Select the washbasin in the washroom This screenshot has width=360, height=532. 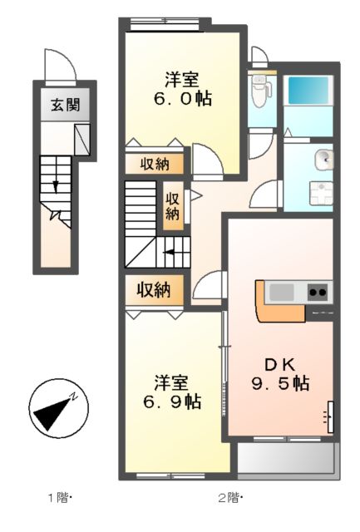(x=323, y=159)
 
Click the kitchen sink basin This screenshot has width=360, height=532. (x=282, y=292)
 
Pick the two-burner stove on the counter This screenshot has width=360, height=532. (x=318, y=292)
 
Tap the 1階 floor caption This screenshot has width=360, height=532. (x=59, y=499)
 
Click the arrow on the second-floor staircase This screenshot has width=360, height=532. (x=170, y=252)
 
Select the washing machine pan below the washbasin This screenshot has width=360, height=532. (x=318, y=194)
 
